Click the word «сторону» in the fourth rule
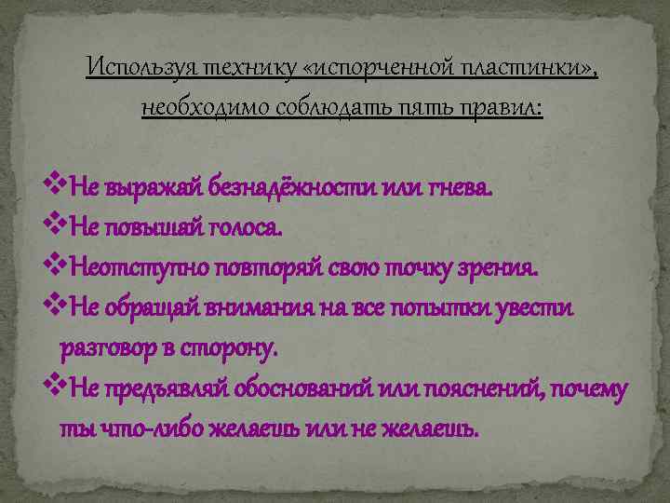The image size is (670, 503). tap(233, 348)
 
